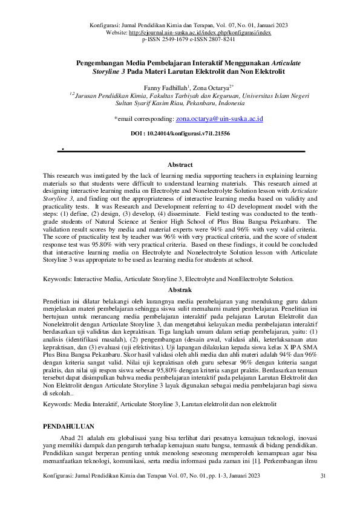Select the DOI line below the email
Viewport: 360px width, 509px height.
(x=180, y=134)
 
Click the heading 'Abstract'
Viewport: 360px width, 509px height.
(x=180, y=165)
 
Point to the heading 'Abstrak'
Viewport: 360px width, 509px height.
(x=180, y=290)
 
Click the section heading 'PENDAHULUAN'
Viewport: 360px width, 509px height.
(x=70, y=427)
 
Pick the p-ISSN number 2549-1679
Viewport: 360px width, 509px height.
(x=170, y=39)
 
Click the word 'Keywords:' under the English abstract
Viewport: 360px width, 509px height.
(x=57, y=279)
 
